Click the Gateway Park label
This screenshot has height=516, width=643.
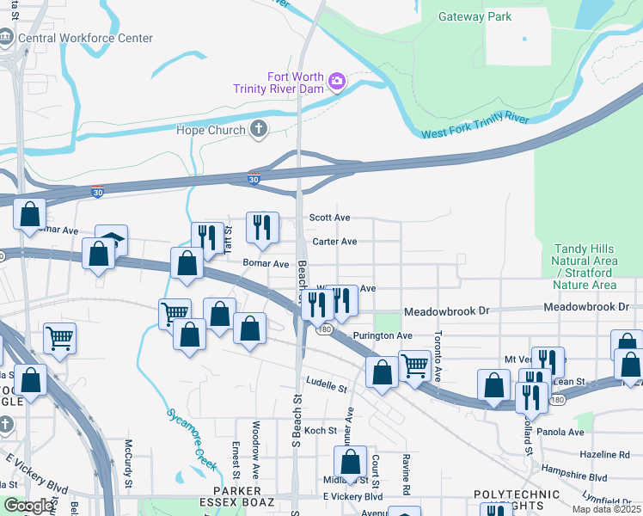[475, 16]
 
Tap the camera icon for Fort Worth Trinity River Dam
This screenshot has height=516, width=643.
[337, 82]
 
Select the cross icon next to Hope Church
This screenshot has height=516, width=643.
[258, 129]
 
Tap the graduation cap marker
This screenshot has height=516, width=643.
[111, 241]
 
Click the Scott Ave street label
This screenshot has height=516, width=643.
[330, 218]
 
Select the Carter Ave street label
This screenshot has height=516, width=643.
[334, 242]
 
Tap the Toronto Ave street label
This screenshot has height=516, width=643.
[438, 357]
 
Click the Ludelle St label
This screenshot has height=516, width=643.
[326, 384]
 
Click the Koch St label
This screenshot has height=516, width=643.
[320, 430]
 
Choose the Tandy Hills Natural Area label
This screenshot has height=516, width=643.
[585, 266]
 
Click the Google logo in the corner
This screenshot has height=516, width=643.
[28, 506]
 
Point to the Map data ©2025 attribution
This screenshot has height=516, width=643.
[605, 509]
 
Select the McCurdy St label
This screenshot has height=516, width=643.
[128, 464]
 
